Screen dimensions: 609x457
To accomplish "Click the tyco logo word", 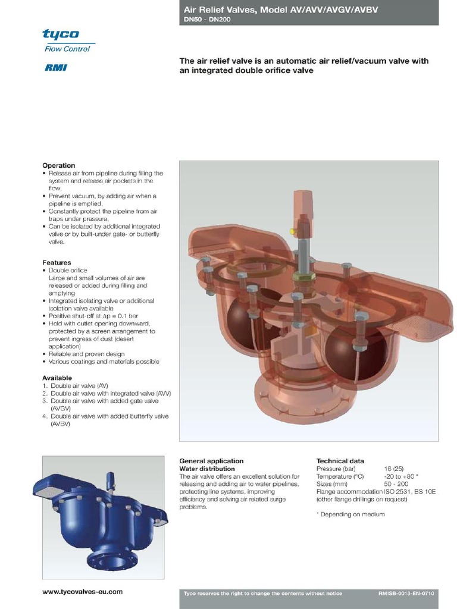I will pyautogui.click(x=61, y=34).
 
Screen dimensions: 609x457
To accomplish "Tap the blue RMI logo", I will pyautogui.click(x=56, y=67).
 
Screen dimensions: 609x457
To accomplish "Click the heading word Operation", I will pyautogui.click(x=58, y=165).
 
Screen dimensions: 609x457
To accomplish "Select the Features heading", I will pyautogui.click(x=57, y=262).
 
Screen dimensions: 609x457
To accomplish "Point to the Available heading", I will pyautogui.click(x=57, y=378).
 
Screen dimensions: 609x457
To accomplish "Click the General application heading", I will pyautogui.click(x=211, y=461).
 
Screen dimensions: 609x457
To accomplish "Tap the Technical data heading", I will pyautogui.click(x=340, y=461).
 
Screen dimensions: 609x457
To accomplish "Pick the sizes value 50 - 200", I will pyautogui.click(x=396, y=484).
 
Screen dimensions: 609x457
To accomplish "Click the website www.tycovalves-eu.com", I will pyautogui.click(x=83, y=592).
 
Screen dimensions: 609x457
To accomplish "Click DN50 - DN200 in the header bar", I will pyautogui.click(x=205, y=20).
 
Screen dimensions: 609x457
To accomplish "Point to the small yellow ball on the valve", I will pyautogui.click(x=292, y=231).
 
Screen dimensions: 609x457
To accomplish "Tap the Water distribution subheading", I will pyautogui.click(x=208, y=469).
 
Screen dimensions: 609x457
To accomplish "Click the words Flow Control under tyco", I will pyautogui.click(x=67, y=49).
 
